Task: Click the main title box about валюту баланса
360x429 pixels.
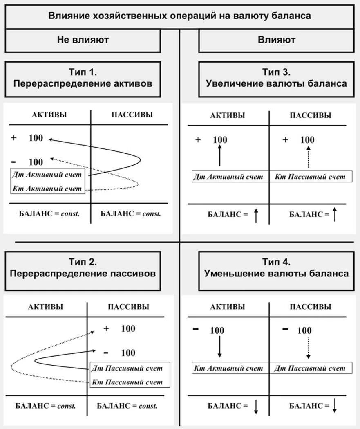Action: click(x=180, y=16)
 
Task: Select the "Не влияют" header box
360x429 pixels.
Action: click(x=83, y=40)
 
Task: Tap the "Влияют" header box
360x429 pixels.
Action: click(x=276, y=40)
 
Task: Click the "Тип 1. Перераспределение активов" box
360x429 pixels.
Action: click(x=83, y=79)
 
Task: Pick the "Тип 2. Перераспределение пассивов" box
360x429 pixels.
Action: click(x=83, y=268)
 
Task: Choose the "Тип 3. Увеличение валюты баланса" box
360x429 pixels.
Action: click(x=276, y=79)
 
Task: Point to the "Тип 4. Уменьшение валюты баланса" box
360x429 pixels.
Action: click(x=276, y=268)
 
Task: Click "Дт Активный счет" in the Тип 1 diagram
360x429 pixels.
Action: click(x=47, y=175)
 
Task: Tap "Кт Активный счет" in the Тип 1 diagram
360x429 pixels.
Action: click(x=47, y=189)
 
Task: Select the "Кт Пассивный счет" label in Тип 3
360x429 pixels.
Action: click(x=310, y=177)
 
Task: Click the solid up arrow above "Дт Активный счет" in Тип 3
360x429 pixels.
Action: click(x=219, y=155)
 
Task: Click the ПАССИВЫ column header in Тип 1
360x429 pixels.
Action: click(x=132, y=115)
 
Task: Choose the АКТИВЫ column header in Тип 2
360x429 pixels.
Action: click(x=45, y=307)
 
